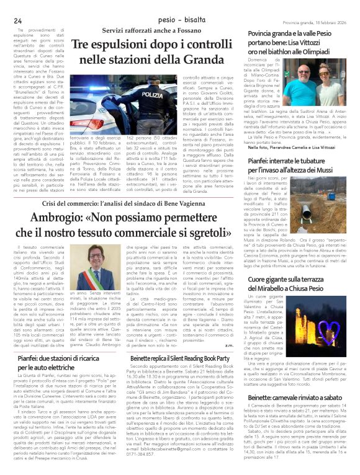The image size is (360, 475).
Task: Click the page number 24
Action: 17,20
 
